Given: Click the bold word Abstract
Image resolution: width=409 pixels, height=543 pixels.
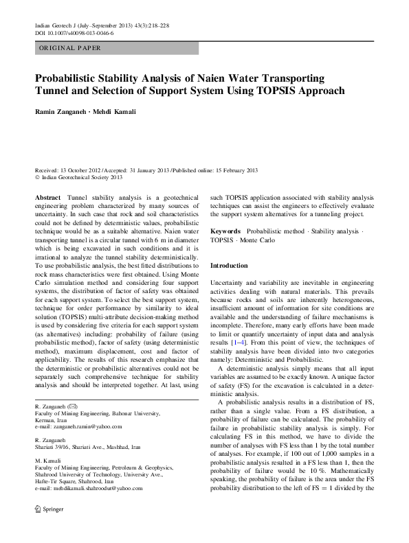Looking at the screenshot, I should [48, 198].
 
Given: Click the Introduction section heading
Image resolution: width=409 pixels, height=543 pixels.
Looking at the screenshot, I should [229, 265].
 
